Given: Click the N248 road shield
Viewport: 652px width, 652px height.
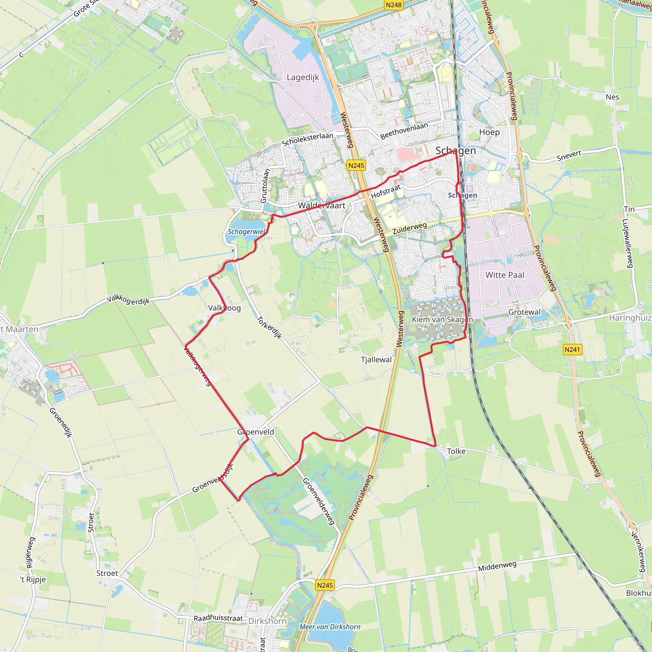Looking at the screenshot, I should (x=394, y=5).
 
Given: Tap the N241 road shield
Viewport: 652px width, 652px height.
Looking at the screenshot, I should (x=572, y=349).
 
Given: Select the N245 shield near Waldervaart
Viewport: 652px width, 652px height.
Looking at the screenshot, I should (x=356, y=165).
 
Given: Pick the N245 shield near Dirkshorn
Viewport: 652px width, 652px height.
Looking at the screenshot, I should (x=325, y=585).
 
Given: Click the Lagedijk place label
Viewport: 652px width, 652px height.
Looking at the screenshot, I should (x=303, y=77).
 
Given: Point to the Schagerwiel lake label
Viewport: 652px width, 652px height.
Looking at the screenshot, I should (x=246, y=231).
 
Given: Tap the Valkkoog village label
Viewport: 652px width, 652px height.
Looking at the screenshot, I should (x=224, y=308).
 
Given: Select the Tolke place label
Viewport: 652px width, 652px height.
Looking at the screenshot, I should (x=456, y=451).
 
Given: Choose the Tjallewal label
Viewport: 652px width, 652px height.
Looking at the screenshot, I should (x=376, y=359).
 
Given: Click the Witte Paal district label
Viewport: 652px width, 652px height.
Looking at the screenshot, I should (x=505, y=275).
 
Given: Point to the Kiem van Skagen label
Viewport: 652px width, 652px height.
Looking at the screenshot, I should (x=442, y=319).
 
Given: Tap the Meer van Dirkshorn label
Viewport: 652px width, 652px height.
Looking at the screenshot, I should (x=330, y=627).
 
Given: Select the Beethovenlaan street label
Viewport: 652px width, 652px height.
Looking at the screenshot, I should (x=404, y=131).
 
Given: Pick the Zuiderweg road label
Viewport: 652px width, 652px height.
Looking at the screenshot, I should (x=410, y=229).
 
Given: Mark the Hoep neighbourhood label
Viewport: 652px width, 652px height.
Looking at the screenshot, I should (x=489, y=132).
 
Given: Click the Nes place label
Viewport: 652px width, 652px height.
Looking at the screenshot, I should (x=612, y=97).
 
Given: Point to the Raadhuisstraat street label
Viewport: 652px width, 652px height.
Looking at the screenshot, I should (x=218, y=618).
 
